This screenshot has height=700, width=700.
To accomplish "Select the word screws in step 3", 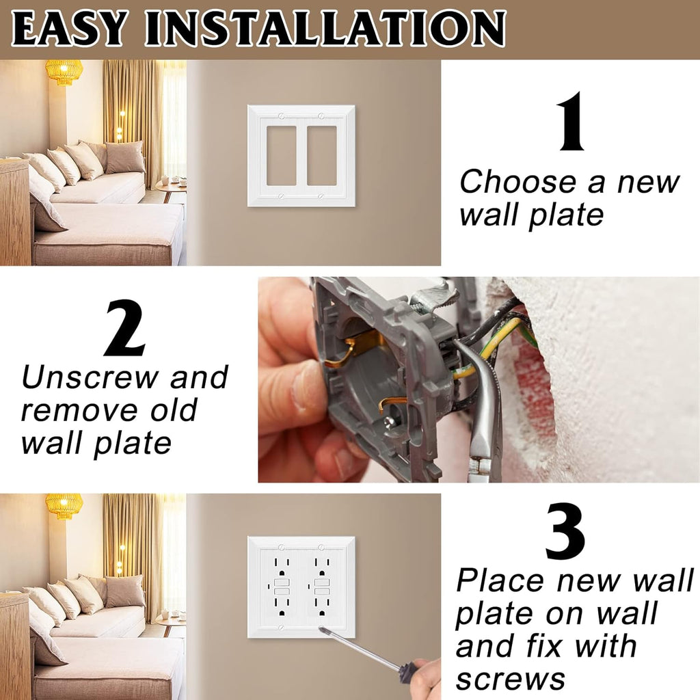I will pos(511,678).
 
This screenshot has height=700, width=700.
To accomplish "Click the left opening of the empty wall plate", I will pos(281,155).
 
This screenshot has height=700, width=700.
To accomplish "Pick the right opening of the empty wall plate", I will pos(321,155).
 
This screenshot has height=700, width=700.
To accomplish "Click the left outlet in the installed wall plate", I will pos(282,587).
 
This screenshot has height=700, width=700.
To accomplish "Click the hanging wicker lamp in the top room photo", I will pos(64,71).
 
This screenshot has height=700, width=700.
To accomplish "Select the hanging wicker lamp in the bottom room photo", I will pos(64,505).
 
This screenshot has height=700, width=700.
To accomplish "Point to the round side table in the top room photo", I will pos(170,185).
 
